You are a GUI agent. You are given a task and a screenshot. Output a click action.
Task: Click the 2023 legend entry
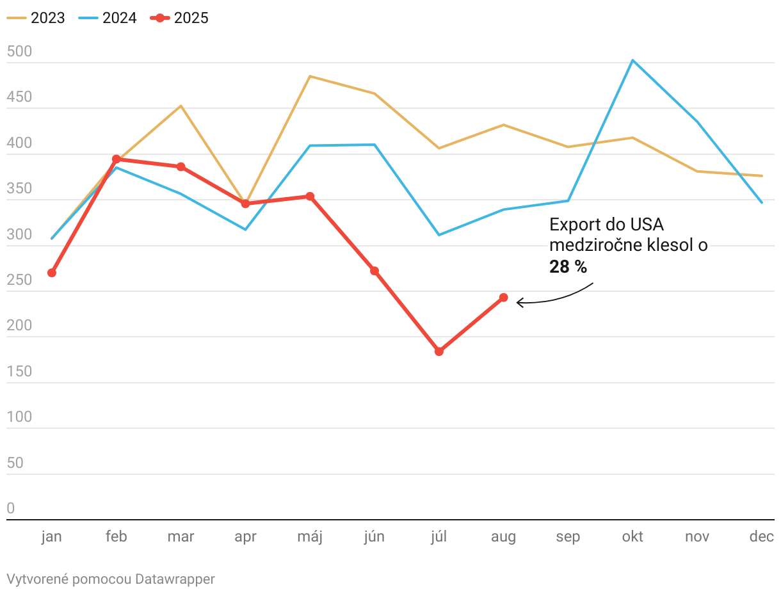36,18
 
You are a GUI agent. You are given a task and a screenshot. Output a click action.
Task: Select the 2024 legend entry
108,18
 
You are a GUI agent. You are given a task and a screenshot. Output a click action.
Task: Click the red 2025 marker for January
52,273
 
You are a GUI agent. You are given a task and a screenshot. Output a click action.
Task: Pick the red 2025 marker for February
117,159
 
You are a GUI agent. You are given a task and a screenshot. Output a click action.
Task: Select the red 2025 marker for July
439,351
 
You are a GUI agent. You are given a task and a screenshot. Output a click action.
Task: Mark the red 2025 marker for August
504,298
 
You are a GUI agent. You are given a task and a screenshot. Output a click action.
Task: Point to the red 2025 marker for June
374,271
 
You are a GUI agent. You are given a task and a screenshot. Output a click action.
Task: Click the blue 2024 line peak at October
632,60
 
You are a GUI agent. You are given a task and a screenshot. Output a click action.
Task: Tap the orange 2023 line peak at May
310,76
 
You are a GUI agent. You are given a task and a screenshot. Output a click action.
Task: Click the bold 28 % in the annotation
568,267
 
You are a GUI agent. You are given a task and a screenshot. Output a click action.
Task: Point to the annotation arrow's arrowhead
519,302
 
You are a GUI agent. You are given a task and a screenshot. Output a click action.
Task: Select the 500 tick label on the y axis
19,52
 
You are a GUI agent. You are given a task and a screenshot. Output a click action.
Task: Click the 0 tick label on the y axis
11,508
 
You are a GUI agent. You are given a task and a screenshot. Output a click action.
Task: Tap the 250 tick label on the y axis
19,280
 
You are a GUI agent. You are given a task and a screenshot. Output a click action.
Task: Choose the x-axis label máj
310,536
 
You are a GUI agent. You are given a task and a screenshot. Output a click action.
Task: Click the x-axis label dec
762,536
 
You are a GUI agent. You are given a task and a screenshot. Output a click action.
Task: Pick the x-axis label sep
568,536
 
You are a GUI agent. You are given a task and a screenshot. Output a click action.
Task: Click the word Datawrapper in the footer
175,579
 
